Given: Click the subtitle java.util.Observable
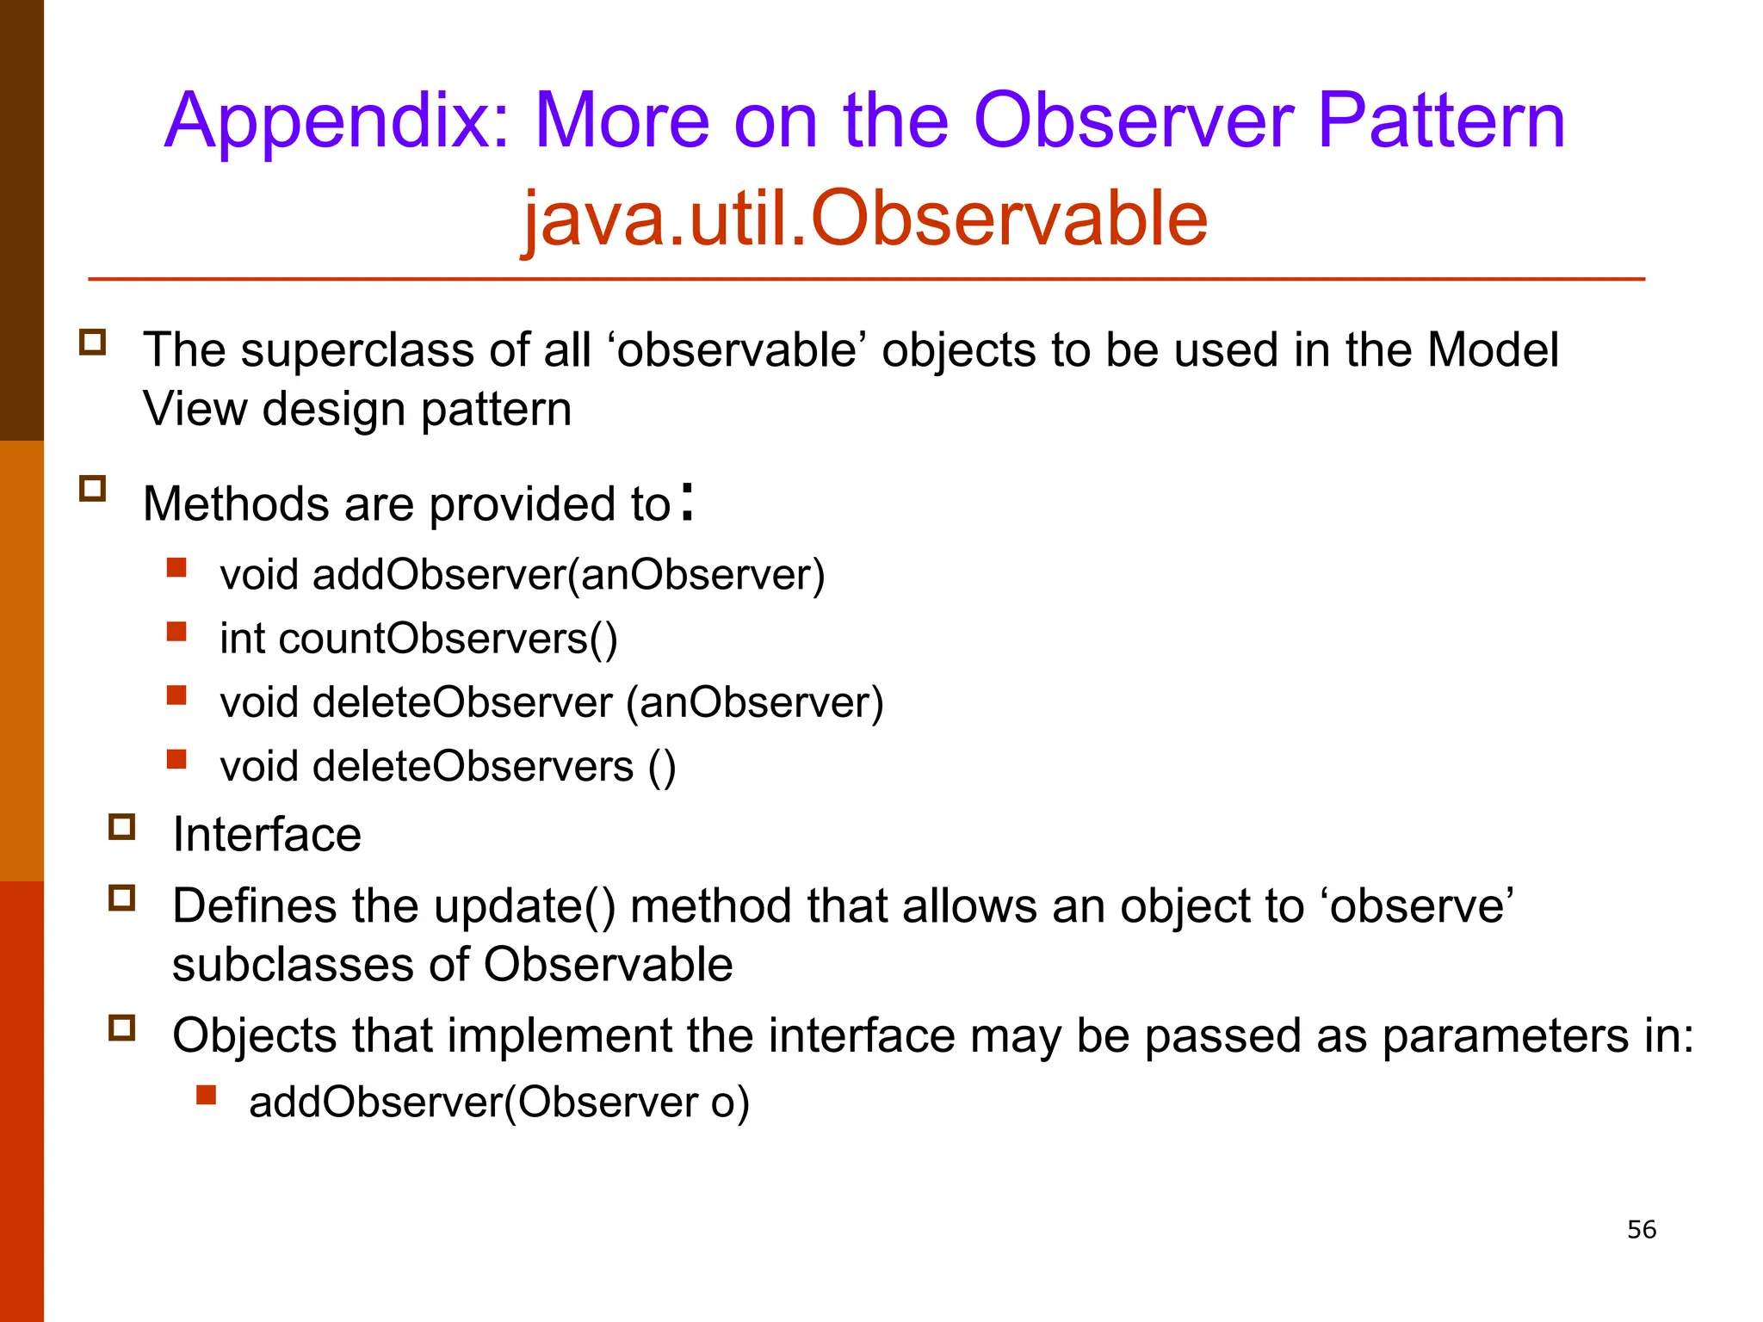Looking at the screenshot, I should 865,219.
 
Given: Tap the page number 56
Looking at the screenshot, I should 1641,1229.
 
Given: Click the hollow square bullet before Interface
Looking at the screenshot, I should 122,827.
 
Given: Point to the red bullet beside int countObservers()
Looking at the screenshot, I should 176,633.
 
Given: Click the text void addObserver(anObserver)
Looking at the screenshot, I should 522,575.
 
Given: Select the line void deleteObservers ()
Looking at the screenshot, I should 448,767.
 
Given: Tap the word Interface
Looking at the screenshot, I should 267,835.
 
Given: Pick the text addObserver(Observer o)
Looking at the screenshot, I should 499,1103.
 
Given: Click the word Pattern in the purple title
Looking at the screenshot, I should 1440,121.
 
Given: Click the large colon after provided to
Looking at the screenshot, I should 686,502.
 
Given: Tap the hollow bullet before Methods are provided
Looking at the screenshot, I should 92,489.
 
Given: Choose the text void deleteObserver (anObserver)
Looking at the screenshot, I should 552,703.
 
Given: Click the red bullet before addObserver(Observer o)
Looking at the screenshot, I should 206,1095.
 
